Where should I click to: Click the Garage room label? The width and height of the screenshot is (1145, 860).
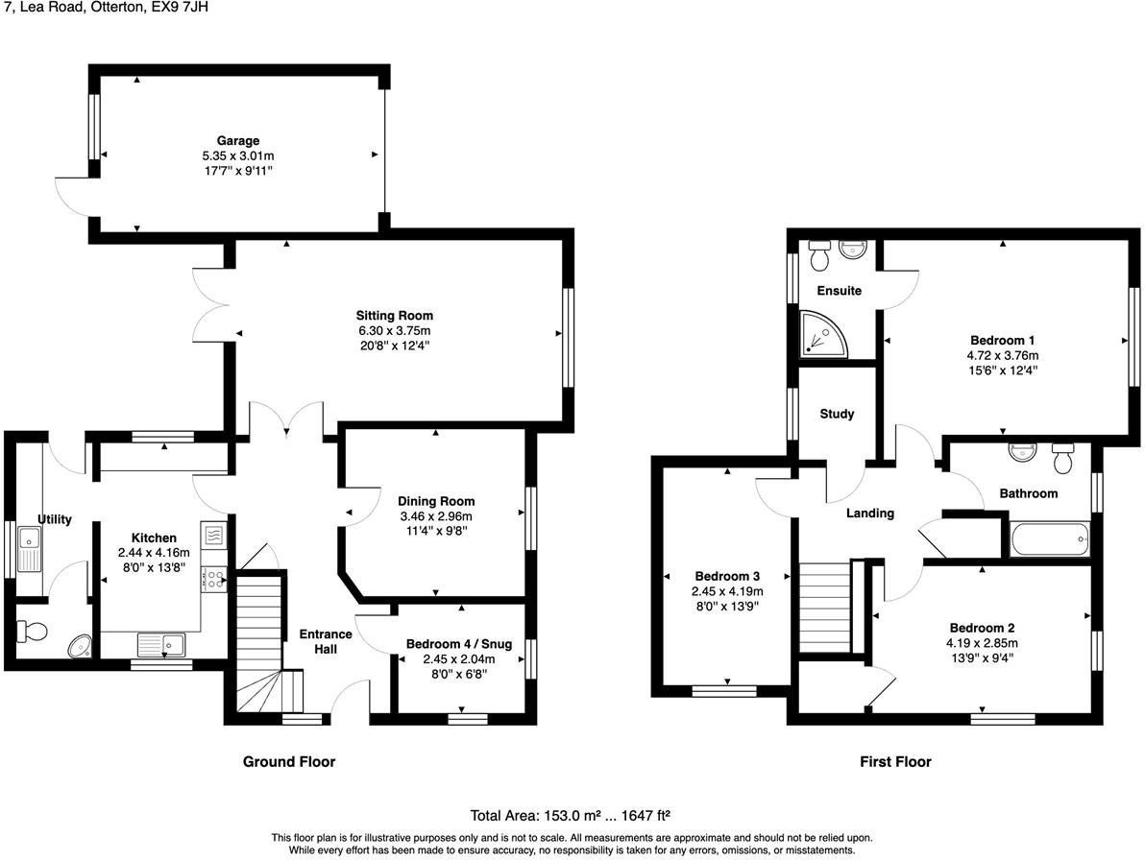pyautogui.click(x=237, y=140)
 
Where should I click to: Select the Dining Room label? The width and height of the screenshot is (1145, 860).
pyautogui.click(x=436, y=501)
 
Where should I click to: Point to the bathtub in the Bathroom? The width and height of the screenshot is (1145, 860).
pyautogui.click(x=1049, y=539)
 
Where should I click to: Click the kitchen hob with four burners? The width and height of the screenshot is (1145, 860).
pyautogui.click(x=213, y=578)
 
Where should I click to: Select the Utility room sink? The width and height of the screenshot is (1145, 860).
pyautogui.click(x=27, y=556)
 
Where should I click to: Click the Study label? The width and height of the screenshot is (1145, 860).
pyautogui.click(x=837, y=415)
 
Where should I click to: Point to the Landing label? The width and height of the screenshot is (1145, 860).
pyautogui.click(x=869, y=514)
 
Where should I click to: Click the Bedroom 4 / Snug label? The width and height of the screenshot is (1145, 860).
pyautogui.click(x=458, y=644)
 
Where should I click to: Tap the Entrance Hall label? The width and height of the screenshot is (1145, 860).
pyautogui.click(x=326, y=641)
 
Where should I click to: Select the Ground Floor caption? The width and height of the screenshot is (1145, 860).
pyautogui.click(x=288, y=762)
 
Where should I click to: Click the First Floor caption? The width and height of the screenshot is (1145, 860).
pyautogui.click(x=894, y=762)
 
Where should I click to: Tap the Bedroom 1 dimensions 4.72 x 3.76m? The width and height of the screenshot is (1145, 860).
pyautogui.click(x=1002, y=355)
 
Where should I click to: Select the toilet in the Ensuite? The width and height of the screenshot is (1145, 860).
pyautogui.click(x=819, y=256)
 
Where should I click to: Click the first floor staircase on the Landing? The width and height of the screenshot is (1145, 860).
pyautogui.click(x=825, y=607)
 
